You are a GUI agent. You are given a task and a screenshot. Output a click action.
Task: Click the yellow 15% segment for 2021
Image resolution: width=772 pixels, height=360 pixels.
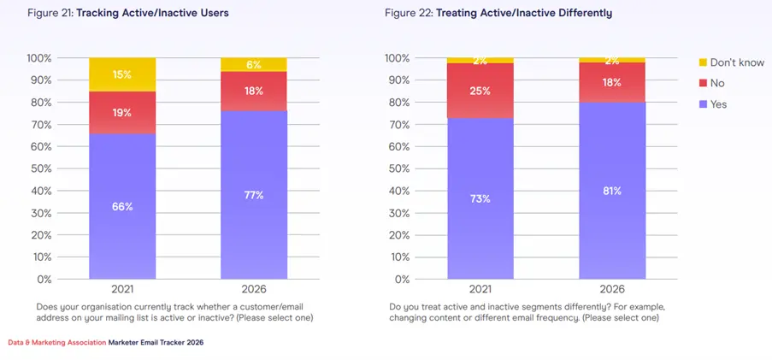click(x=121, y=74)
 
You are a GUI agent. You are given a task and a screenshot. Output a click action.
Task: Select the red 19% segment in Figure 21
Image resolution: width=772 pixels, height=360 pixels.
click(x=121, y=112)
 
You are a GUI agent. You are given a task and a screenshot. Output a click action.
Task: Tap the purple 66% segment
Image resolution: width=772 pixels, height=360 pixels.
click(x=121, y=206)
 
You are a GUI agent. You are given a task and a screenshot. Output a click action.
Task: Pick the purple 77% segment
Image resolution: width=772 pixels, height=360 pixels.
click(x=253, y=195)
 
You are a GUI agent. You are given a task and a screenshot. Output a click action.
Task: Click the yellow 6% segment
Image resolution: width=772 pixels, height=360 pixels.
click(x=253, y=65)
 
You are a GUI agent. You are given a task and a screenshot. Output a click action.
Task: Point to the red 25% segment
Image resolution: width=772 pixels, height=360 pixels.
click(x=480, y=91)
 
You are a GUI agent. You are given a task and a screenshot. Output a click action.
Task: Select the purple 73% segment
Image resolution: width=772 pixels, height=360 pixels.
click(x=480, y=198)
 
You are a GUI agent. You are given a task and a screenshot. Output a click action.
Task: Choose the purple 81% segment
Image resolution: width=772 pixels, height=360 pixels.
click(x=611, y=191)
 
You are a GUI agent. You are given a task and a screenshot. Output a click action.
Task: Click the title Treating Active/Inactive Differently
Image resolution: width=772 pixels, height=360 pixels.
click(x=524, y=14)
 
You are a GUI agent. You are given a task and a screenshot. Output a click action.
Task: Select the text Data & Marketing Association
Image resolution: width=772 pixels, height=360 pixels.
click(x=57, y=342)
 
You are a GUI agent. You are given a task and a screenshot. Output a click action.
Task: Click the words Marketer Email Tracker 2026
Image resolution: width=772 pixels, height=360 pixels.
click(x=156, y=342)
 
